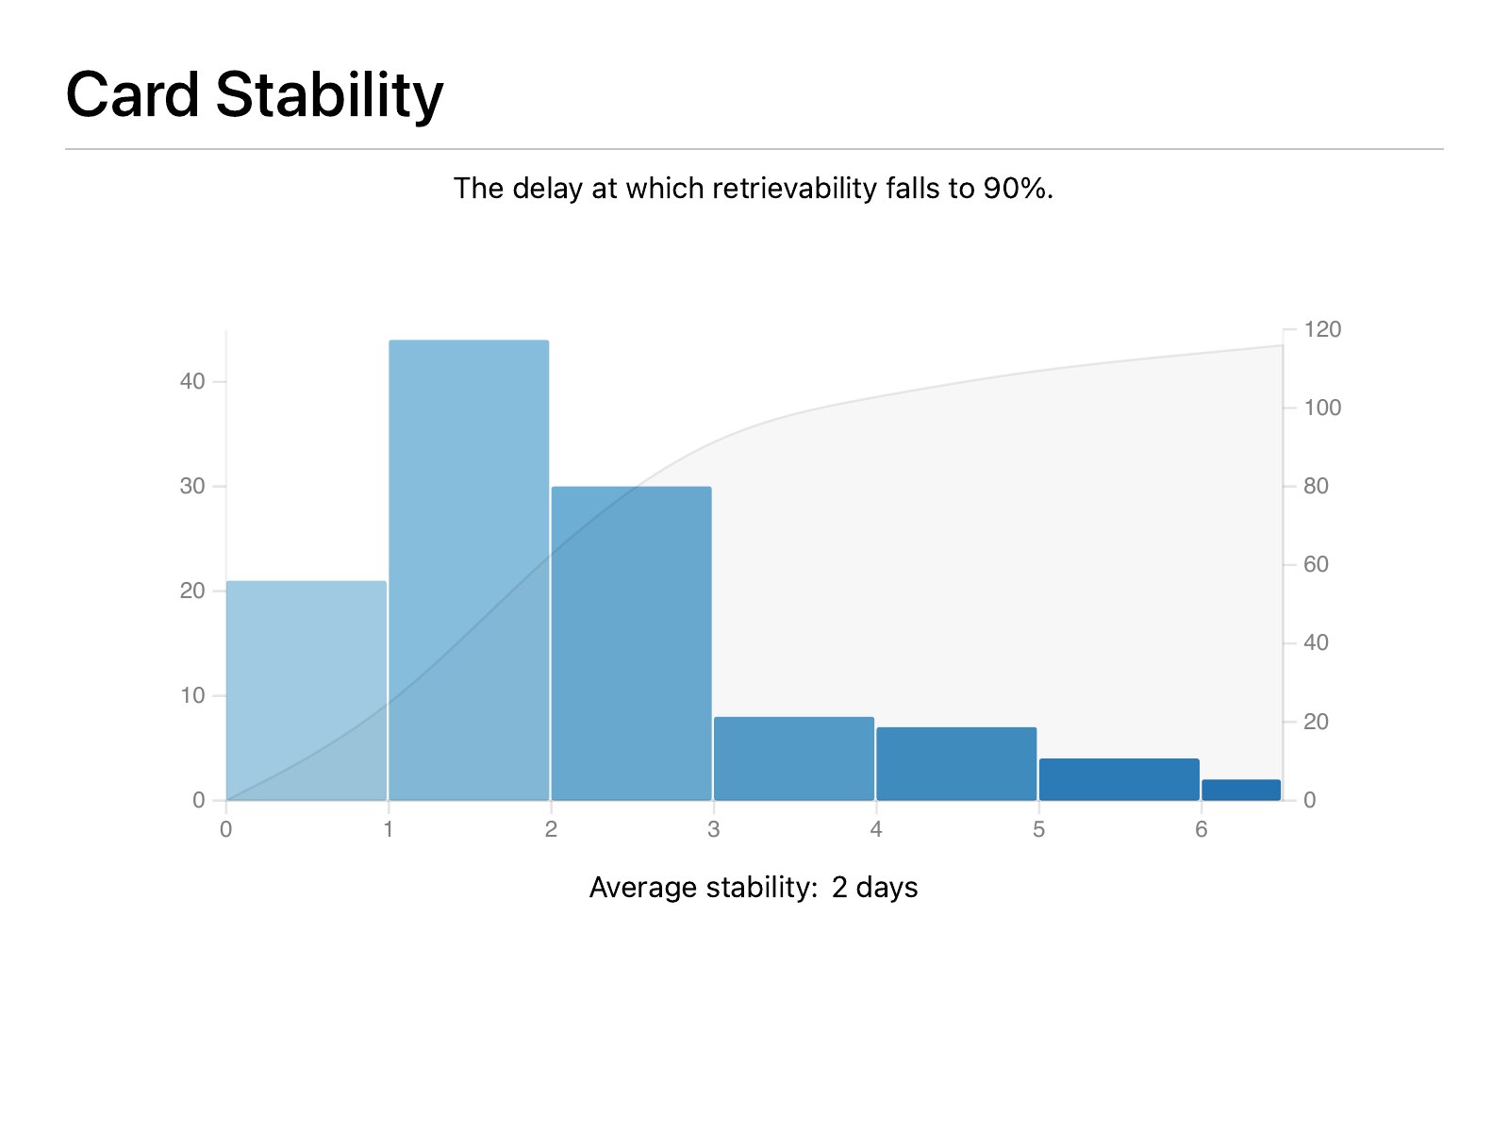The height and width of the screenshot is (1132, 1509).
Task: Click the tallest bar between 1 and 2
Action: click(x=469, y=570)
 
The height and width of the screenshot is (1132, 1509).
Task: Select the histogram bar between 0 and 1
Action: click(x=307, y=691)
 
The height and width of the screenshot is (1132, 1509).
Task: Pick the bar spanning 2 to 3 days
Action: click(x=631, y=643)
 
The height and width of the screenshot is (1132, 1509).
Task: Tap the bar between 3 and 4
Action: click(x=794, y=758)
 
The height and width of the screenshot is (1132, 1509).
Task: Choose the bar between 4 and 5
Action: click(x=956, y=763)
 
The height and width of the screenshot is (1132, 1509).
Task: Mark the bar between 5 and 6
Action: click(x=1119, y=779)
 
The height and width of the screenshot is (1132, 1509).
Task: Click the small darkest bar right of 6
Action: click(x=1241, y=790)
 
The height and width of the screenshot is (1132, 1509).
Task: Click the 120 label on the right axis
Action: click(x=1322, y=329)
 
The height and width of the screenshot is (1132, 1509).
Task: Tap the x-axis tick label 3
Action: click(x=714, y=829)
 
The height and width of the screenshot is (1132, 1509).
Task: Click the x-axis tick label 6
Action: click(x=1201, y=829)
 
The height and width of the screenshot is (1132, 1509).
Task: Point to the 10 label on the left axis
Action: click(x=192, y=695)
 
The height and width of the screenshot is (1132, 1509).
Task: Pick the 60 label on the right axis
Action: click(x=1316, y=564)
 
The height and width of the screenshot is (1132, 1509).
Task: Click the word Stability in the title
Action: click(x=329, y=96)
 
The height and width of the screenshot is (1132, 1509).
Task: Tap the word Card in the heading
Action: click(x=132, y=94)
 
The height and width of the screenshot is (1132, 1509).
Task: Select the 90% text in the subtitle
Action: click(x=1018, y=189)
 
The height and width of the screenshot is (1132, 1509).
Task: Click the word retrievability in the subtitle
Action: click(x=794, y=189)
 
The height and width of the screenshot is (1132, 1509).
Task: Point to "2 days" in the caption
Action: click(x=874, y=888)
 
